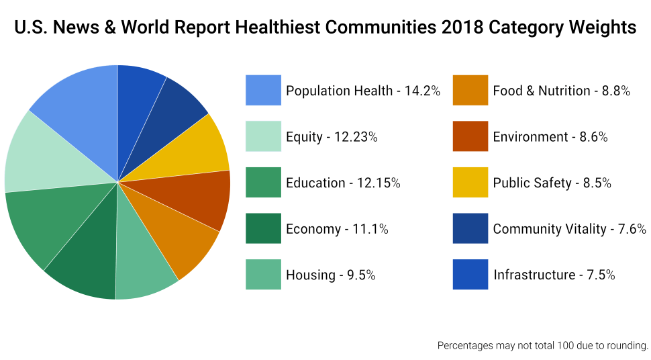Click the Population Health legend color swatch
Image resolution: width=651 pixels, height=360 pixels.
click(x=263, y=90)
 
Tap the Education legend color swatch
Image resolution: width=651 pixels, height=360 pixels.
click(x=263, y=183)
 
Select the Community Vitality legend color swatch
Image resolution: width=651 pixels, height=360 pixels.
click(x=470, y=229)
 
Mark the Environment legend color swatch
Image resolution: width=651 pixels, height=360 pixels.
click(x=470, y=136)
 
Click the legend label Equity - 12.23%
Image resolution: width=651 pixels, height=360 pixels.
click(x=332, y=137)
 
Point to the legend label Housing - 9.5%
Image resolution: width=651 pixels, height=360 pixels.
click(x=330, y=275)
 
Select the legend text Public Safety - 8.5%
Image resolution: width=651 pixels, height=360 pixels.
click(x=552, y=183)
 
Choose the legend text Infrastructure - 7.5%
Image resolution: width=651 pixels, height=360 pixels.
click(x=554, y=275)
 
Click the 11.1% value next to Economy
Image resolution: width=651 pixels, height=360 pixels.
click(x=366, y=229)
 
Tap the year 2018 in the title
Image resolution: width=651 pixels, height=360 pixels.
click(x=464, y=28)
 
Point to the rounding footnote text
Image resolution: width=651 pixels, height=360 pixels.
click(x=542, y=346)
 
